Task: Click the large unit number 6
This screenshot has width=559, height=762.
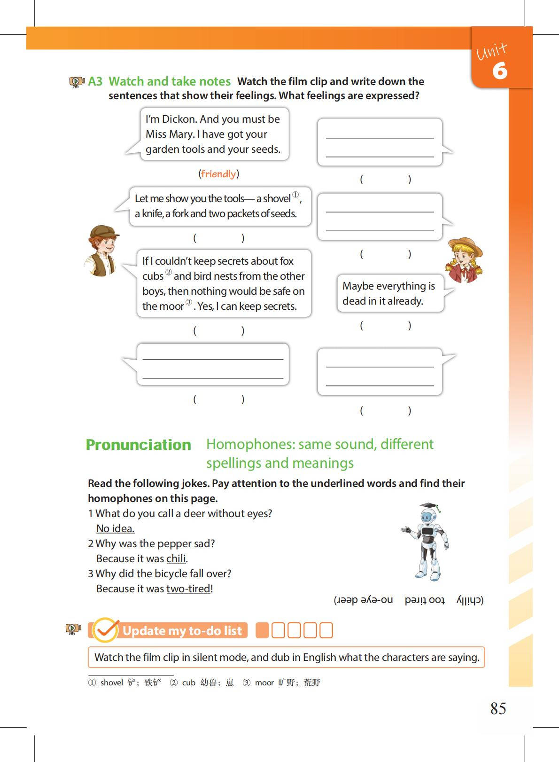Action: [x=500, y=71]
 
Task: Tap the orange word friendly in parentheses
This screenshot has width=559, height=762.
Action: [x=218, y=174]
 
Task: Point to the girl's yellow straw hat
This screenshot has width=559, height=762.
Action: [x=465, y=246]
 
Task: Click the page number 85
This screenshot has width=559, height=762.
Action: [x=498, y=708]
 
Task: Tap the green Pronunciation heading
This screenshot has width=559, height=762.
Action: [x=138, y=445]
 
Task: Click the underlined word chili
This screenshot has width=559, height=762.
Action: [x=176, y=558]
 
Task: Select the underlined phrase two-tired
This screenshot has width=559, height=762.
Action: [x=188, y=589]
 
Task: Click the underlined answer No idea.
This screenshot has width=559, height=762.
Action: [x=115, y=528]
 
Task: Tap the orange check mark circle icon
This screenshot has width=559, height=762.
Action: [x=105, y=630]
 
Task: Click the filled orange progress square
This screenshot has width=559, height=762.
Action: [x=262, y=630]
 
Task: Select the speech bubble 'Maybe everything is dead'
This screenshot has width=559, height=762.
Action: [x=390, y=293]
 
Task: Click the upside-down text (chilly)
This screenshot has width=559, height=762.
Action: [x=470, y=600]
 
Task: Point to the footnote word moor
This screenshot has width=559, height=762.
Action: [x=264, y=683]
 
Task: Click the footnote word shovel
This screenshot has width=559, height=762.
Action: [x=111, y=683]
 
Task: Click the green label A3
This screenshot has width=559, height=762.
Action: [x=95, y=81]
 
